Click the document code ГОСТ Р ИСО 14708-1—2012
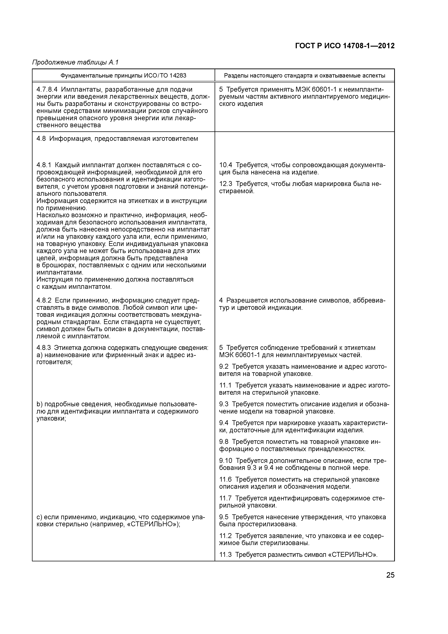click(345, 46)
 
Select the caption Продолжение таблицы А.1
click(75, 63)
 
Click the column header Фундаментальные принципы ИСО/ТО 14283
click(123, 75)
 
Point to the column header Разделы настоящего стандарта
click(304, 75)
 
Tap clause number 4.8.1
click(44, 165)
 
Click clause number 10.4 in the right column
click(225, 165)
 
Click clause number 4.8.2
click(44, 300)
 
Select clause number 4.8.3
click(44, 348)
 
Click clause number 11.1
click(225, 385)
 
